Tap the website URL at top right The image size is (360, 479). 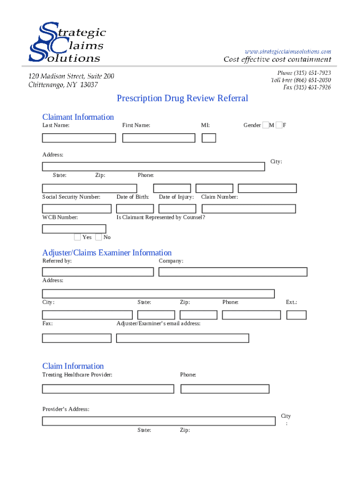[x=288, y=51]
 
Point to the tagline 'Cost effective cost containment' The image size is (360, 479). [x=277, y=59]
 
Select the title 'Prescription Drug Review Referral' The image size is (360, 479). [x=182, y=98]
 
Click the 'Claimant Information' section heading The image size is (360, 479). [x=78, y=117]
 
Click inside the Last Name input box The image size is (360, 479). [x=79, y=138]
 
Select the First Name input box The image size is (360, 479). [x=158, y=138]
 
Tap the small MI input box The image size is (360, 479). [x=209, y=138]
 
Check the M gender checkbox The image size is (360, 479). [x=266, y=125]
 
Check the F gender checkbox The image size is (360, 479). [x=279, y=125]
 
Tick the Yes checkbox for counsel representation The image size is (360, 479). [x=78, y=237]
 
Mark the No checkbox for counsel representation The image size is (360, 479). [x=98, y=237]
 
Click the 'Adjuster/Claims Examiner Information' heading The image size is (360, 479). [x=107, y=253]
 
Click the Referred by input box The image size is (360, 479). [x=98, y=272]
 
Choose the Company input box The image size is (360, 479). [x=233, y=272]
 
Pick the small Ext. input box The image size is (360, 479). [x=296, y=315]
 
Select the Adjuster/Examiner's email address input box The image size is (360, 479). [x=182, y=338]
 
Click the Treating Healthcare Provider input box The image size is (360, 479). [x=108, y=389]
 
